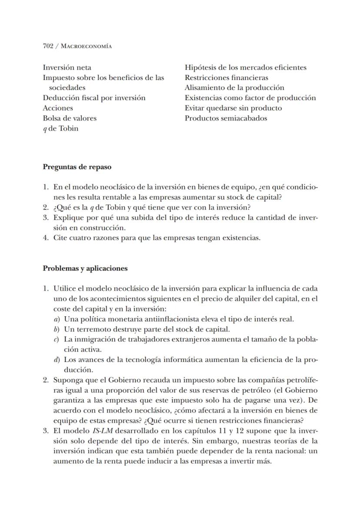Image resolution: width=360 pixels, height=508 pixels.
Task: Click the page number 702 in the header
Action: [48, 46]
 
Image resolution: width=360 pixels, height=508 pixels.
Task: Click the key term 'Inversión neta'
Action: [67, 67]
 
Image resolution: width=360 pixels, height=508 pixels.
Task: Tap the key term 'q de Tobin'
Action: [60, 128]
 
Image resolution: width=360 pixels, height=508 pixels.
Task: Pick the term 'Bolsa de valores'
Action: [70, 118]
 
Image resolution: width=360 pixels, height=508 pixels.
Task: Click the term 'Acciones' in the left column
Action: [58, 108]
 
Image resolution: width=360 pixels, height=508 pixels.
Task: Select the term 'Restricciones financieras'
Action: [226, 78]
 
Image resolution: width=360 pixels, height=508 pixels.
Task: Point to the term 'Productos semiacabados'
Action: [226, 118]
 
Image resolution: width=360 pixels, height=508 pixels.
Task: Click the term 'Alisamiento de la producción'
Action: [234, 88]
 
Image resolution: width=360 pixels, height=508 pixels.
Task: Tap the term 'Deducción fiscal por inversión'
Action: [94, 98]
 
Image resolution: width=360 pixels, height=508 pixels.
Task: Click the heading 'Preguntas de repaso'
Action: [77, 167]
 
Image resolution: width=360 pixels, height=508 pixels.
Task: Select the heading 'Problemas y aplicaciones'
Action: [85, 268]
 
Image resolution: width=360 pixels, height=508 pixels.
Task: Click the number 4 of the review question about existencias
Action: [45, 238]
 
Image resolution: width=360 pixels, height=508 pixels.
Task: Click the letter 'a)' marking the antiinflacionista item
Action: [57, 319]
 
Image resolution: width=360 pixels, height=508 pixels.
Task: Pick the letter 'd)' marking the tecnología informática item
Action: [57, 360]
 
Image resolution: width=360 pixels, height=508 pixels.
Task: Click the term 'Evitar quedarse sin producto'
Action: [233, 108]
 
